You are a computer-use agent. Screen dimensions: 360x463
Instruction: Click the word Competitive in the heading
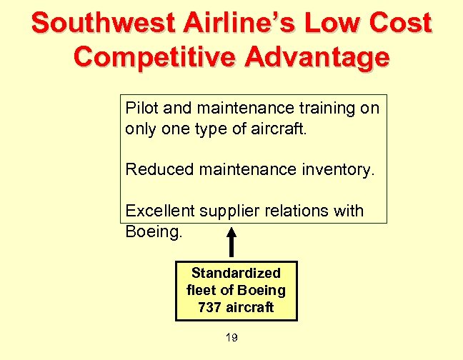pos(155,56)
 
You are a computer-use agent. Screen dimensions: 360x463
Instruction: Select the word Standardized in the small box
pos(236,273)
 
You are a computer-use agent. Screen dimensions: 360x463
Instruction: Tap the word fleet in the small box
pos(201,290)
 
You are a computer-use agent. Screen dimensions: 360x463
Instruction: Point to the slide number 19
pos(231,337)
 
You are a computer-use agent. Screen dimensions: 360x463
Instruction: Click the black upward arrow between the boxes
pos(231,242)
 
